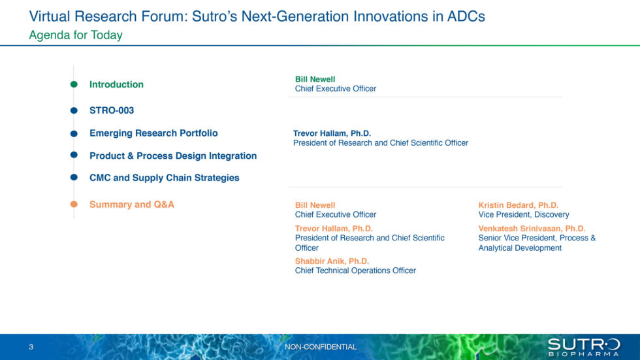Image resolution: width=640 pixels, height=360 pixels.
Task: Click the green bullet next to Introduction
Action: point(74,84)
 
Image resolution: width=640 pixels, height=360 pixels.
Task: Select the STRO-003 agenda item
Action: point(112,110)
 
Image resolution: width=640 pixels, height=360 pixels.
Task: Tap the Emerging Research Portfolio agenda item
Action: point(153,133)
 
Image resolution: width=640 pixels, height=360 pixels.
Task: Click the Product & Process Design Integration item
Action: point(173,155)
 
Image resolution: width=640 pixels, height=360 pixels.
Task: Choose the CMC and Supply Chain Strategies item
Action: point(165,178)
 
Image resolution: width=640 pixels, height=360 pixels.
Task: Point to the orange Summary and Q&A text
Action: point(132,205)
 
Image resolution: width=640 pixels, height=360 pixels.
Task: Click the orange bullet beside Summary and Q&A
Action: point(74,205)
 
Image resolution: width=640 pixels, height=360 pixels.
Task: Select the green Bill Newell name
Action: point(315,79)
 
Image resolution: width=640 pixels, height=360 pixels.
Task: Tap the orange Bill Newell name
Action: point(315,205)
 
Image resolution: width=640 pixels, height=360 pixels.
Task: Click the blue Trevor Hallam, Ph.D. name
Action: point(332,133)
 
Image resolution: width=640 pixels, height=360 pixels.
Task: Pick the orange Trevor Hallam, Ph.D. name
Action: point(334,229)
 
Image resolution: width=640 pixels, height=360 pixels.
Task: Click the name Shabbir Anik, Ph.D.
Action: point(332,261)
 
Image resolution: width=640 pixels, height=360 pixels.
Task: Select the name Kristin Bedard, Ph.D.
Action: point(519,205)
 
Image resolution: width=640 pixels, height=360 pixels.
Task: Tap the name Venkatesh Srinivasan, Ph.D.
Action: point(532,229)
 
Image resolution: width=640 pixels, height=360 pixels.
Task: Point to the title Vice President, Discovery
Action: point(524,214)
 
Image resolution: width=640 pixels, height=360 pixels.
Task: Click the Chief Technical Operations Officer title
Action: point(355,270)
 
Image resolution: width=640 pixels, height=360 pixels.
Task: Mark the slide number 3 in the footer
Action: point(31,347)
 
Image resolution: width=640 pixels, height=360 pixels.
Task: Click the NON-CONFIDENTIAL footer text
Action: point(321,347)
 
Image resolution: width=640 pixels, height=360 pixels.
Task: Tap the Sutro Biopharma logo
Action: point(584,347)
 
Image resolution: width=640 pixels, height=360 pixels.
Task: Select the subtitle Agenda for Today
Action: point(76,35)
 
